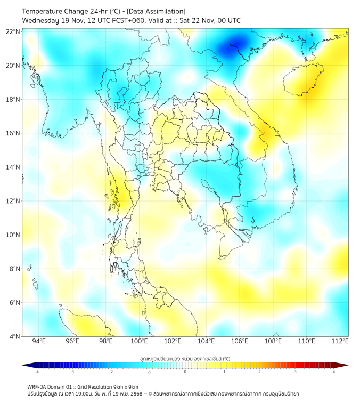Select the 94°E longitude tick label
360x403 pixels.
39,341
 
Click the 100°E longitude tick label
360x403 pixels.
139,341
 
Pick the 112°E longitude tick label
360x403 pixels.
340,341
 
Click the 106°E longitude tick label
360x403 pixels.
240,341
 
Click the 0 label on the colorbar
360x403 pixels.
185,372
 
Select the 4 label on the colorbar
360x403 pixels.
334,372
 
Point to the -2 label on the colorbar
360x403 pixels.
111,372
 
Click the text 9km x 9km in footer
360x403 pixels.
124,386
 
